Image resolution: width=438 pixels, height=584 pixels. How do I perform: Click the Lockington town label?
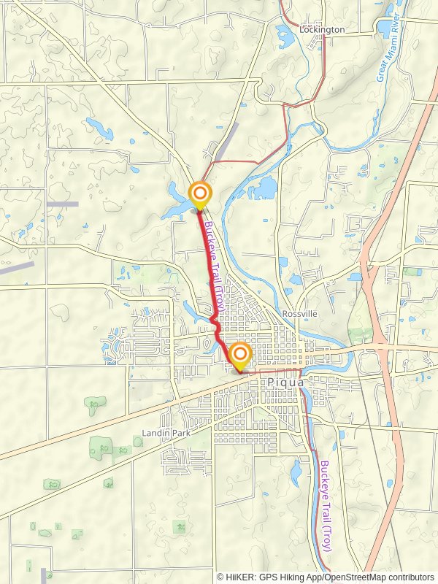click(322, 30)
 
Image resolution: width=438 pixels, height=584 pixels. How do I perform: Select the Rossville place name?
click(301, 313)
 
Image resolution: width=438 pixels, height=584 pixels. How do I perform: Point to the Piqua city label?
click(285, 382)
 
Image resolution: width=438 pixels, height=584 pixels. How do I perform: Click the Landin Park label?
click(166, 433)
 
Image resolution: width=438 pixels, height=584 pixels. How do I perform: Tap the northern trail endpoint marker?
click(199, 195)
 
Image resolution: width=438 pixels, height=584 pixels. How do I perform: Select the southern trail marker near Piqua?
click(239, 356)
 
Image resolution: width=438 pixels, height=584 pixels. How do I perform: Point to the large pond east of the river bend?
click(261, 189)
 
